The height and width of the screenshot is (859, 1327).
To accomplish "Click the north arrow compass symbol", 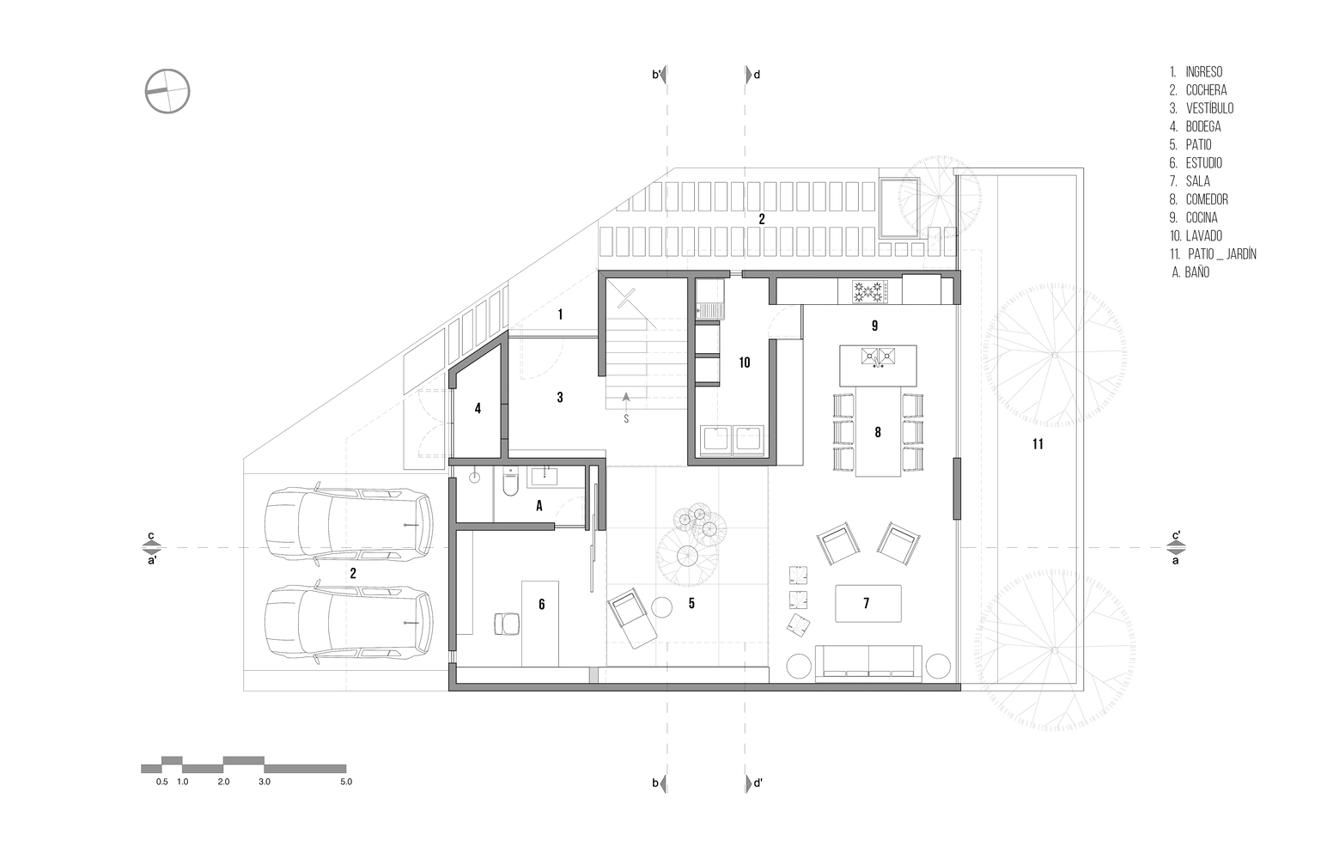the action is (x=167, y=91).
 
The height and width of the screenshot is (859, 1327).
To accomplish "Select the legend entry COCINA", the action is (x=1193, y=217).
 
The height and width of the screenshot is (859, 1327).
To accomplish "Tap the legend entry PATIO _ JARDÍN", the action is (x=1213, y=254).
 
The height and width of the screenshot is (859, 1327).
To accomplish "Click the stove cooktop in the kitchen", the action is (x=870, y=292).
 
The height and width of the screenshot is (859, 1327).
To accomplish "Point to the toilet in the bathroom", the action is (x=510, y=483).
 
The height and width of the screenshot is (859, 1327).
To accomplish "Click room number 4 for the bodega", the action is (x=478, y=408).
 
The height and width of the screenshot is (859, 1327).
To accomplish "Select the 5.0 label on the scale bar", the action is (x=346, y=782).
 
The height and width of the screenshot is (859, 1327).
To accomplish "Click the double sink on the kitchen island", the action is (x=878, y=356).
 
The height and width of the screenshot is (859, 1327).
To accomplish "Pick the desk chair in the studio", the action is (x=507, y=624).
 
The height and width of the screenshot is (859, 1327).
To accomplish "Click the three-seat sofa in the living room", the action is (x=868, y=663).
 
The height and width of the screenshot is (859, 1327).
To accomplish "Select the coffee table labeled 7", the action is (x=867, y=604).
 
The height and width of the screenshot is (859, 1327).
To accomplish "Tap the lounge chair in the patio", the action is (x=632, y=618).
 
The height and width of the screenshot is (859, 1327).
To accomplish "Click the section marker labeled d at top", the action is (x=752, y=75).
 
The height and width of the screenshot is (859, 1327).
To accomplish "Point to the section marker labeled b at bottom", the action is (x=660, y=783).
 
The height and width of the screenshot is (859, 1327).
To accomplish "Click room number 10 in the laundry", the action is (x=745, y=362).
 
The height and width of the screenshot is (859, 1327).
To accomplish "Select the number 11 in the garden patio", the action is (x=1038, y=444).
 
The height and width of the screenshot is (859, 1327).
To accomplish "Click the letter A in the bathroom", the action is (x=539, y=506).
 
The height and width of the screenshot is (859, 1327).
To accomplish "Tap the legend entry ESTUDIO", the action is (x=1196, y=163).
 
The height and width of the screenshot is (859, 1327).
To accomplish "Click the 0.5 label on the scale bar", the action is (x=161, y=782).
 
